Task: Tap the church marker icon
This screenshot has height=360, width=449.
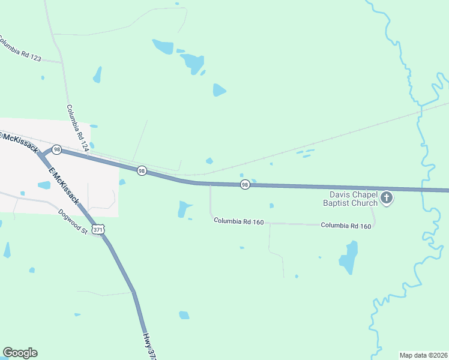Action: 387,197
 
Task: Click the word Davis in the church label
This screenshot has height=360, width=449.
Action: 340,194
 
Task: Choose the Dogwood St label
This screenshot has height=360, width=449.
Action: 73,221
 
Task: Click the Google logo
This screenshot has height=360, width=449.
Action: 20,353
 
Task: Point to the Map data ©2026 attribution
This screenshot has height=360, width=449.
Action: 423,355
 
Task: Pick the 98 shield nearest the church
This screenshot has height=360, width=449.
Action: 245,184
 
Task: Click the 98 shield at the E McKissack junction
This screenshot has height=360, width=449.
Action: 56,149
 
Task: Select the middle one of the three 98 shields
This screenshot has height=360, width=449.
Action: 142,171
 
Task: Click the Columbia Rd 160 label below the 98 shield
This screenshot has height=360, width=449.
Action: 240,222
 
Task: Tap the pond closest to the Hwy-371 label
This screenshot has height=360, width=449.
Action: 184,315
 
